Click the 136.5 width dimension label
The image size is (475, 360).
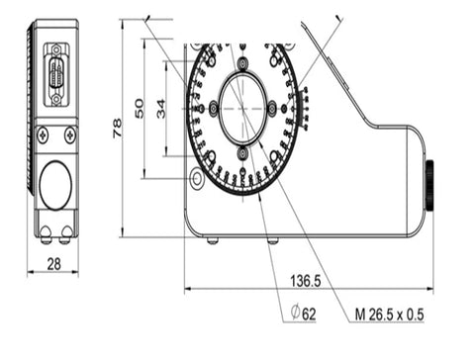(305, 281)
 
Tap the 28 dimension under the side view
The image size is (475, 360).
(54, 264)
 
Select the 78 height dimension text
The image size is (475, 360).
(117, 129)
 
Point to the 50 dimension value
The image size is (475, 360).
(140, 109)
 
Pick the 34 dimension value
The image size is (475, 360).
(161, 109)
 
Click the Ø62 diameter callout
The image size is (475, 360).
(303, 314)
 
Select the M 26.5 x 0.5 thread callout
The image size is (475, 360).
(389, 315)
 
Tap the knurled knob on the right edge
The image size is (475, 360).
(430, 185)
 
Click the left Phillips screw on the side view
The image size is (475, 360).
(43, 135)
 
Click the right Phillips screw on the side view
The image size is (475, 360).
(70, 135)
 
